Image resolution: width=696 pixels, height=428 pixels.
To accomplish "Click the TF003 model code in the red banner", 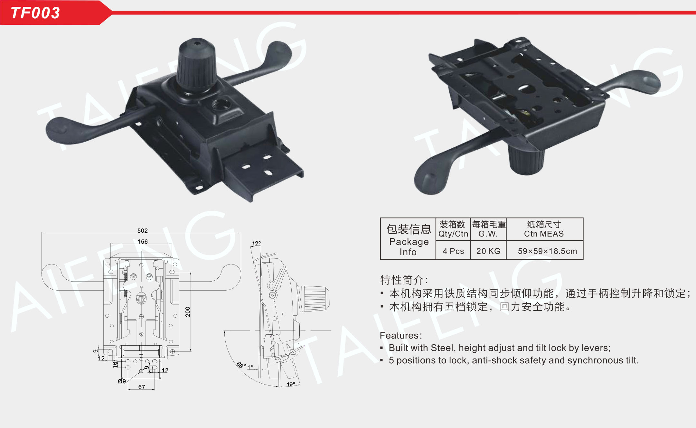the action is (x=35, y=13).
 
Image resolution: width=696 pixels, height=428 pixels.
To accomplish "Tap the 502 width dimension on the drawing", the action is (x=142, y=230).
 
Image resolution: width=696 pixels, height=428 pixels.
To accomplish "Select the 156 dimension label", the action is (x=143, y=241).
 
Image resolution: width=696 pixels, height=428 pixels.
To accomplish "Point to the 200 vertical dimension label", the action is (x=188, y=312).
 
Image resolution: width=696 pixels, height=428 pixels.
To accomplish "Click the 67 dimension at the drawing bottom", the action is (x=142, y=387).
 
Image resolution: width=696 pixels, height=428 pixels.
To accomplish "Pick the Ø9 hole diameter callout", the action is (x=122, y=381).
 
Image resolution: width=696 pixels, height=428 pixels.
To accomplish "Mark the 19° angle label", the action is (x=291, y=384).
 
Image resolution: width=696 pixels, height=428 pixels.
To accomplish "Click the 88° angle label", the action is (x=241, y=365).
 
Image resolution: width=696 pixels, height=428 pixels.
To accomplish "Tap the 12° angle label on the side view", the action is (x=256, y=243).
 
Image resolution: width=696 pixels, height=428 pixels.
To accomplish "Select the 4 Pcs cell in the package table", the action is (x=453, y=251).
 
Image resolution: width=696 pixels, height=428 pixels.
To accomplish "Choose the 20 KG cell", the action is (x=488, y=251).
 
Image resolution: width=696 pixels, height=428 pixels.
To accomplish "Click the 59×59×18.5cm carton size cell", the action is (x=547, y=251).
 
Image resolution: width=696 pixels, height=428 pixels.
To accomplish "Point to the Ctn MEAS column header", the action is (x=544, y=234).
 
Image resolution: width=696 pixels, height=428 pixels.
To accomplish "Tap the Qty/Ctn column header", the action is (x=453, y=234).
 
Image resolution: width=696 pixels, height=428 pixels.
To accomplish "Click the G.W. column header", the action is (x=488, y=234).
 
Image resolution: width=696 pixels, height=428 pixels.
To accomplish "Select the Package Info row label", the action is (x=409, y=247).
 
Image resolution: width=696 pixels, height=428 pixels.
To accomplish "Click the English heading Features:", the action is (x=401, y=335).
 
